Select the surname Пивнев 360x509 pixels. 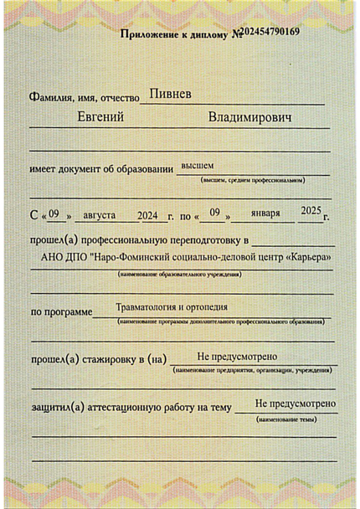click(x=169, y=95)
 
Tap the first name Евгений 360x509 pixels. click(x=101, y=117)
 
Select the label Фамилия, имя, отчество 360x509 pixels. click(x=83, y=97)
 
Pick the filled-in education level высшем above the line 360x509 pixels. click(x=198, y=166)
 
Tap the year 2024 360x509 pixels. click(x=149, y=215)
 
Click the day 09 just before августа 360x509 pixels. click(x=53, y=215)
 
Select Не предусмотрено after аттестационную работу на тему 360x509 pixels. click(x=296, y=404)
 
